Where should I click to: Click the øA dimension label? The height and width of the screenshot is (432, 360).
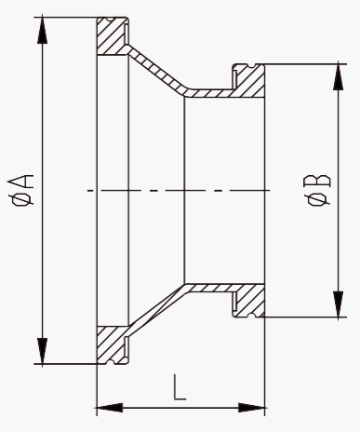point(21,190)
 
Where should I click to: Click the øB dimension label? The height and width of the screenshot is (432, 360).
point(318,190)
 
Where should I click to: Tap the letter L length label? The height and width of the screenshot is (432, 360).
point(180,386)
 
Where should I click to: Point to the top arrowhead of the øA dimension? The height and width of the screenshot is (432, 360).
point(43,30)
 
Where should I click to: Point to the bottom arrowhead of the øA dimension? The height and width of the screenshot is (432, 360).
point(43,351)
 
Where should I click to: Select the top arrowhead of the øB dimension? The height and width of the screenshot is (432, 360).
point(338,76)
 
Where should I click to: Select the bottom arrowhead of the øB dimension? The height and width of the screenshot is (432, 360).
point(338,304)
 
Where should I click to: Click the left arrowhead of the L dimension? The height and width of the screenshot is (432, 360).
point(110,408)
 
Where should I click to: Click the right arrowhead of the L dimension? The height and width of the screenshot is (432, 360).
point(252,408)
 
